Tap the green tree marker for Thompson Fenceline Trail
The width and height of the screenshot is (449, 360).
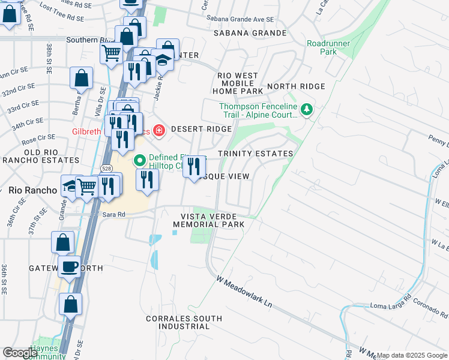coord(307,109)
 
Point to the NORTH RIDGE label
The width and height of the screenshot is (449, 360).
coord(296,86)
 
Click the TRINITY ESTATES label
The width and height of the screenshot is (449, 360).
coord(255,154)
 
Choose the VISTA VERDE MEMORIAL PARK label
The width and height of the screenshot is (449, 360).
coord(208,220)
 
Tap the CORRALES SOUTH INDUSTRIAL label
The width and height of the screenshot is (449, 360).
coord(184,322)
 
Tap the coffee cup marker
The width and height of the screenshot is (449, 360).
coord(70,267)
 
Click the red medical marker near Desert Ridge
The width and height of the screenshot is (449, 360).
coord(159,129)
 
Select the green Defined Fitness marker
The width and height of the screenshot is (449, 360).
coord(140,160)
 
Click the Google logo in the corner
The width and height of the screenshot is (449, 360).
coord(20,353)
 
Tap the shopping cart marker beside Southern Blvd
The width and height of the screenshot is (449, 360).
coord(111,53)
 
